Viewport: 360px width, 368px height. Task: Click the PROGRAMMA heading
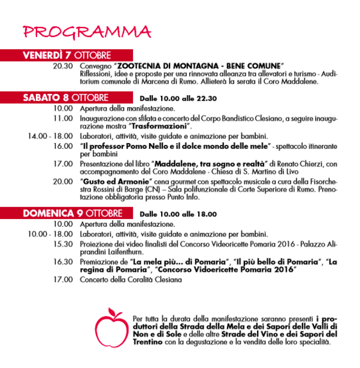point(87,31)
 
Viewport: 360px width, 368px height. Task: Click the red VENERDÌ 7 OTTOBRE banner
point(67,55)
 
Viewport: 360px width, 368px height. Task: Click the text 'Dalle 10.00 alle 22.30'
point(178,99)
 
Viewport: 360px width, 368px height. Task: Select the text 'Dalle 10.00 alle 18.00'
point(178,214)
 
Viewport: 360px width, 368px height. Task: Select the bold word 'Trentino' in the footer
point(147,343)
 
